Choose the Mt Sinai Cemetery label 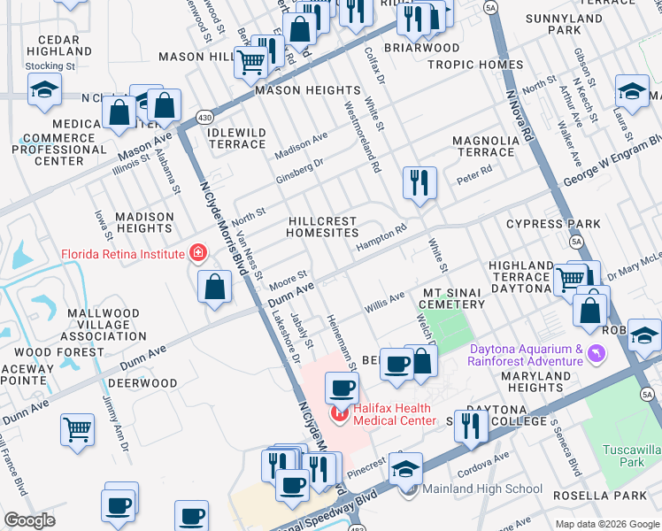point(453,298)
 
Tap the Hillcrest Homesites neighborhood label point(322,227)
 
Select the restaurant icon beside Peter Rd point(419,182)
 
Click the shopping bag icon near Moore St point(214,287)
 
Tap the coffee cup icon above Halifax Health point(342,387)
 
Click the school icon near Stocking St point(44,89)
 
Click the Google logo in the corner point(29,520)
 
